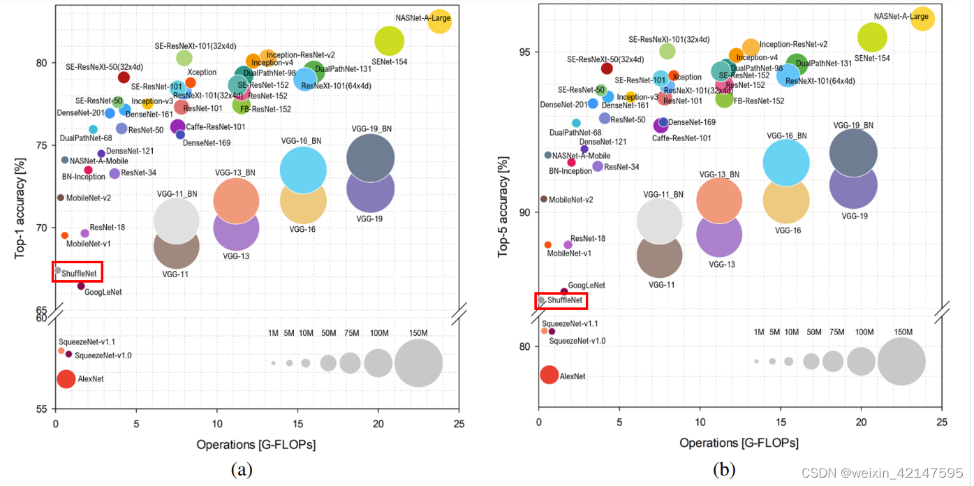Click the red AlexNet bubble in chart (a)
point(66,379)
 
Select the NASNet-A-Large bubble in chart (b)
point(922,18)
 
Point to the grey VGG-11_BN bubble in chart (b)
point(659,221)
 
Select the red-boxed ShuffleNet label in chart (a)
point(79,273)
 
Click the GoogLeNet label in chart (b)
point(586,286)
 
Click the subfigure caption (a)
point(242,471)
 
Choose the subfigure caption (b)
point(725,471)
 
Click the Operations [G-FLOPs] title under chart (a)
point(256,444)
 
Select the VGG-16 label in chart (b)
point(787,230)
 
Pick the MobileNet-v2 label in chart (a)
point(89,198)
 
